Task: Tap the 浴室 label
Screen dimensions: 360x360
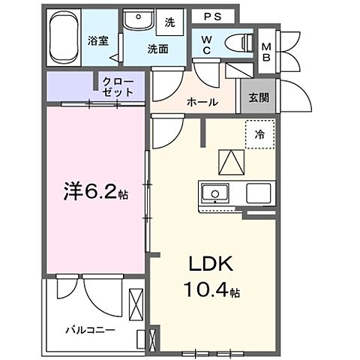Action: pos(97,40)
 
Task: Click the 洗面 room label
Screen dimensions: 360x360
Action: pos(157,50)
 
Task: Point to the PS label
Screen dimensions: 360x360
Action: pos(212,16)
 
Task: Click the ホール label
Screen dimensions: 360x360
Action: pos(204,102)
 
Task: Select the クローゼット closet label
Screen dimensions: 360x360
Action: pos(118,85)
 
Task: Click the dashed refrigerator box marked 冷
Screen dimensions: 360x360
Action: pos(259,136)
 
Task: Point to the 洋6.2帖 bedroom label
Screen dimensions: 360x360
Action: pos(96,191)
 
